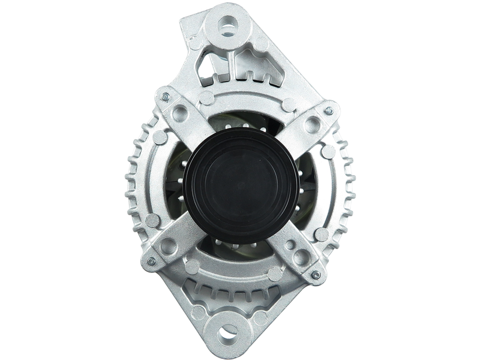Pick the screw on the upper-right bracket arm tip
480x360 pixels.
pyautogui.click(x=329, y=111)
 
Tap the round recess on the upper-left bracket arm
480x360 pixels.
pyautogui.click(x=178, y=113)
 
